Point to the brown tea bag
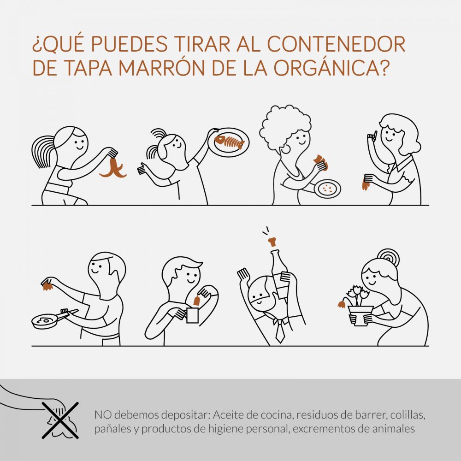(196, 301)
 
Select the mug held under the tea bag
(192, 315)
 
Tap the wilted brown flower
(341, 304)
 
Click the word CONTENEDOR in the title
(336, 44)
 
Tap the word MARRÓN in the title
(162, 68)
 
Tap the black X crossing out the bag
(60, 420)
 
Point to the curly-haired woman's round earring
(285, 149)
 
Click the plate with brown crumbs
(327, 189)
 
